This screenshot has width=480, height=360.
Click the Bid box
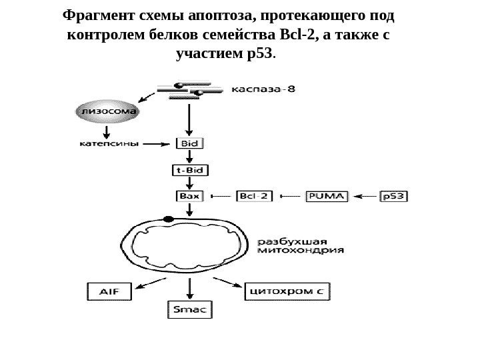pyautogui.click(x=190, y=143)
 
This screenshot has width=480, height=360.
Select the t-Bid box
pyautogui.click(x=190, y=170)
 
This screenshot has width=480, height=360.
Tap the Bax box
pyautogui.click(x=190, y=197)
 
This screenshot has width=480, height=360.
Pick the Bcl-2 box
pyautogui.click(x=254, y=197)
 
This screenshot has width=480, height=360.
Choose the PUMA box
pyautogui.click(x=326, y=197)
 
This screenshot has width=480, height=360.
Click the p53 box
pyautogui.click(x=393, y=197)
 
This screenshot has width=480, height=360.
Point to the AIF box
pyautogui.click(x=109, y=291)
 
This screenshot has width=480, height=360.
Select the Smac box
pyautogui.click(x=189, y=309)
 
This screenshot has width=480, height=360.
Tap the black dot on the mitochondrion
pyautogui.click(x=167, y=219)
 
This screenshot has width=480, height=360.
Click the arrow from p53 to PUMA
pyautogui.click(x=365, y=197)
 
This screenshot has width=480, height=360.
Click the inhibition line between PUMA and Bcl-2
pyautogui.click(x=293, y=197)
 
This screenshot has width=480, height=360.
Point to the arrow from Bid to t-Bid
pyautogui.click(x=190, y=156)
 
